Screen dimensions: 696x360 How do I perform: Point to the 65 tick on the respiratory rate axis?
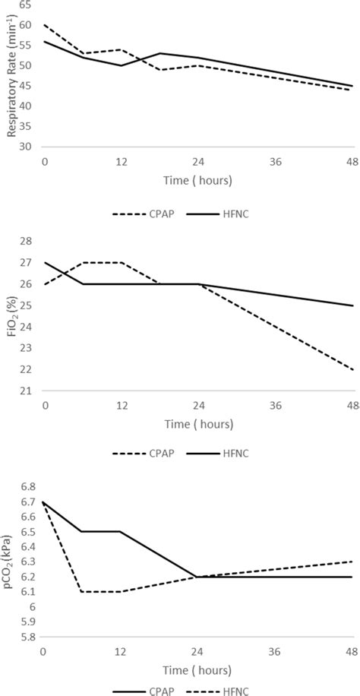[x=26, y=5]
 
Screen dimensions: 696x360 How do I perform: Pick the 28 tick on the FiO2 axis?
[x=26, y=241]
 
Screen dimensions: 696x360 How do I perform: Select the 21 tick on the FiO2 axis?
[x=26, y=391]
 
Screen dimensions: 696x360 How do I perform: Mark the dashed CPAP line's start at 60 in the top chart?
[x=45, y=25]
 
